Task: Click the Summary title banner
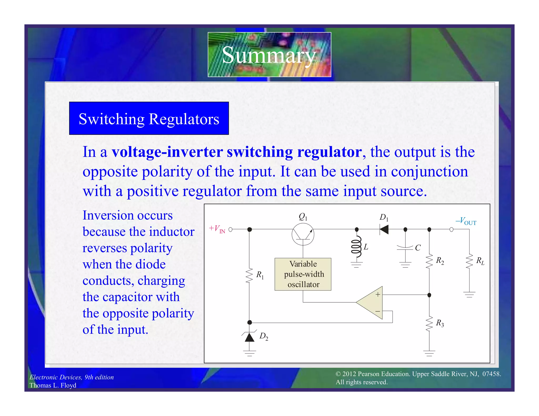(x=269, y=55)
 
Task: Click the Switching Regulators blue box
(x=149, y=119)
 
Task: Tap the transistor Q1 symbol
(x=303, y=234)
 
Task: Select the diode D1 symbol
(x=384, y=230)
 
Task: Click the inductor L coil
(x=356, y=247)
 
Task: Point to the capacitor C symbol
(x=405, y=247)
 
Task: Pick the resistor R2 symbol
(x=429, y=261)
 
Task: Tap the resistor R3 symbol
(x=429, y=323)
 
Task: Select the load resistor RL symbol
(x=469, y=261)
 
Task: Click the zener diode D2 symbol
(x=249, y=337)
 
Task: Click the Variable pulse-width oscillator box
(x=303, y=274)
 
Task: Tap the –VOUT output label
(x=466, y=221)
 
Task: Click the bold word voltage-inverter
(x=167, y=152)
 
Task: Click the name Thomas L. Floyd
(x=53, y=385)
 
